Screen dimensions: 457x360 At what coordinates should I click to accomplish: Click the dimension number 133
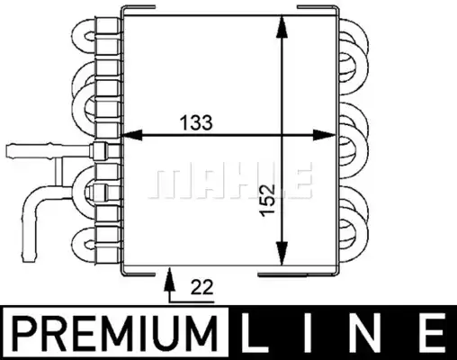coord(196,122)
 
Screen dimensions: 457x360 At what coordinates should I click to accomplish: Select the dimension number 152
coord(267,200)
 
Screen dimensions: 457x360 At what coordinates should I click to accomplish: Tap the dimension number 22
coord(202,287)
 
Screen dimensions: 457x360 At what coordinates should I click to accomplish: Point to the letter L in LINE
coord(255,332)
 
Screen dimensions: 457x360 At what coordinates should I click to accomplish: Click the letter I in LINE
coord(308,332)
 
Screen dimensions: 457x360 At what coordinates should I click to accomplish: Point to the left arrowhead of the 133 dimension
coord(130,135)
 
